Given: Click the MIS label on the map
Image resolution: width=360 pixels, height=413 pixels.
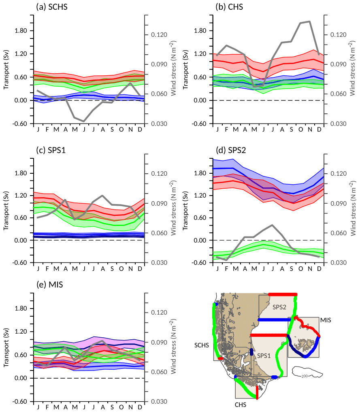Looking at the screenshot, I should (x=325, y=320).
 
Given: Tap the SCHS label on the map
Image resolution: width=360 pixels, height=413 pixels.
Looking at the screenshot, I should (x=201, y=345).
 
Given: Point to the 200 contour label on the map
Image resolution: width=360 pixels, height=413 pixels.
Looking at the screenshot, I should (x=305, y=376).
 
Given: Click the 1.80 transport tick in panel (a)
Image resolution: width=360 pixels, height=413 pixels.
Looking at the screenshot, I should (x=20, y=31).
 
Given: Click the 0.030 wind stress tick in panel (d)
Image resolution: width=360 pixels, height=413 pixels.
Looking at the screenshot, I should (x=339, y=263).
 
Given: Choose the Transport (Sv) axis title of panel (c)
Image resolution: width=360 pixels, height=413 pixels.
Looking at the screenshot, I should (x=6, y=211).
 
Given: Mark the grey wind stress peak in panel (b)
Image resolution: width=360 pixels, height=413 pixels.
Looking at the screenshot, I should (x=309, y=21).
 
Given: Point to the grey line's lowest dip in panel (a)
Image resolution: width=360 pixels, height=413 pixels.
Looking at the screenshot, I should (x=84, y=121).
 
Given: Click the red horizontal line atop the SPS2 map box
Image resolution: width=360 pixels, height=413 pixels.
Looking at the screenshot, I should (x=282, y=294).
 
